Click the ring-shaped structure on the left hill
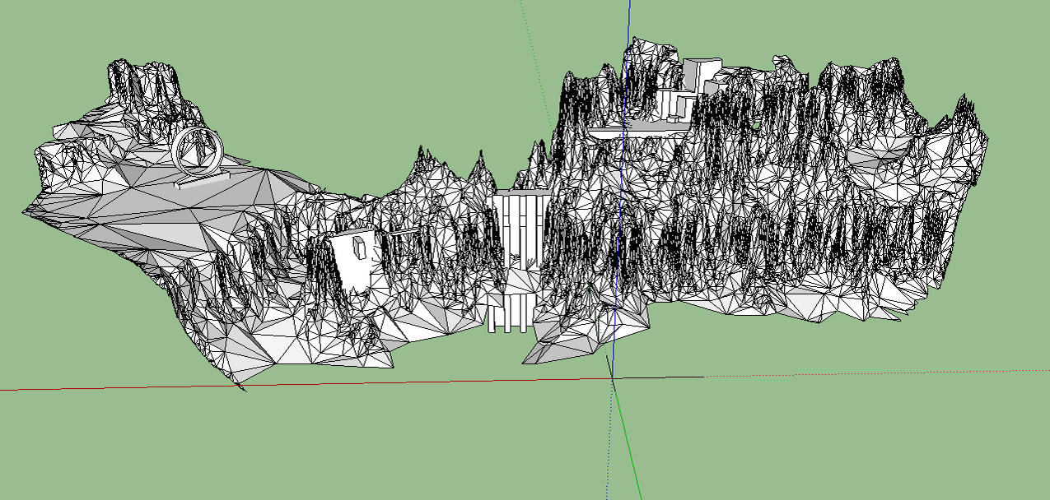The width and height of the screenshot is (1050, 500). pos(198,151)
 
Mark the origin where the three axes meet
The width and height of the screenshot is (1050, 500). pos(612,378)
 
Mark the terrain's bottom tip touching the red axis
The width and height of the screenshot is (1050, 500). pos(239,383)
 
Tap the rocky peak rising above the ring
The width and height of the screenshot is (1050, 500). pos(144,78)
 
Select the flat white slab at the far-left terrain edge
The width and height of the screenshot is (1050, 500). pos(70,131)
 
